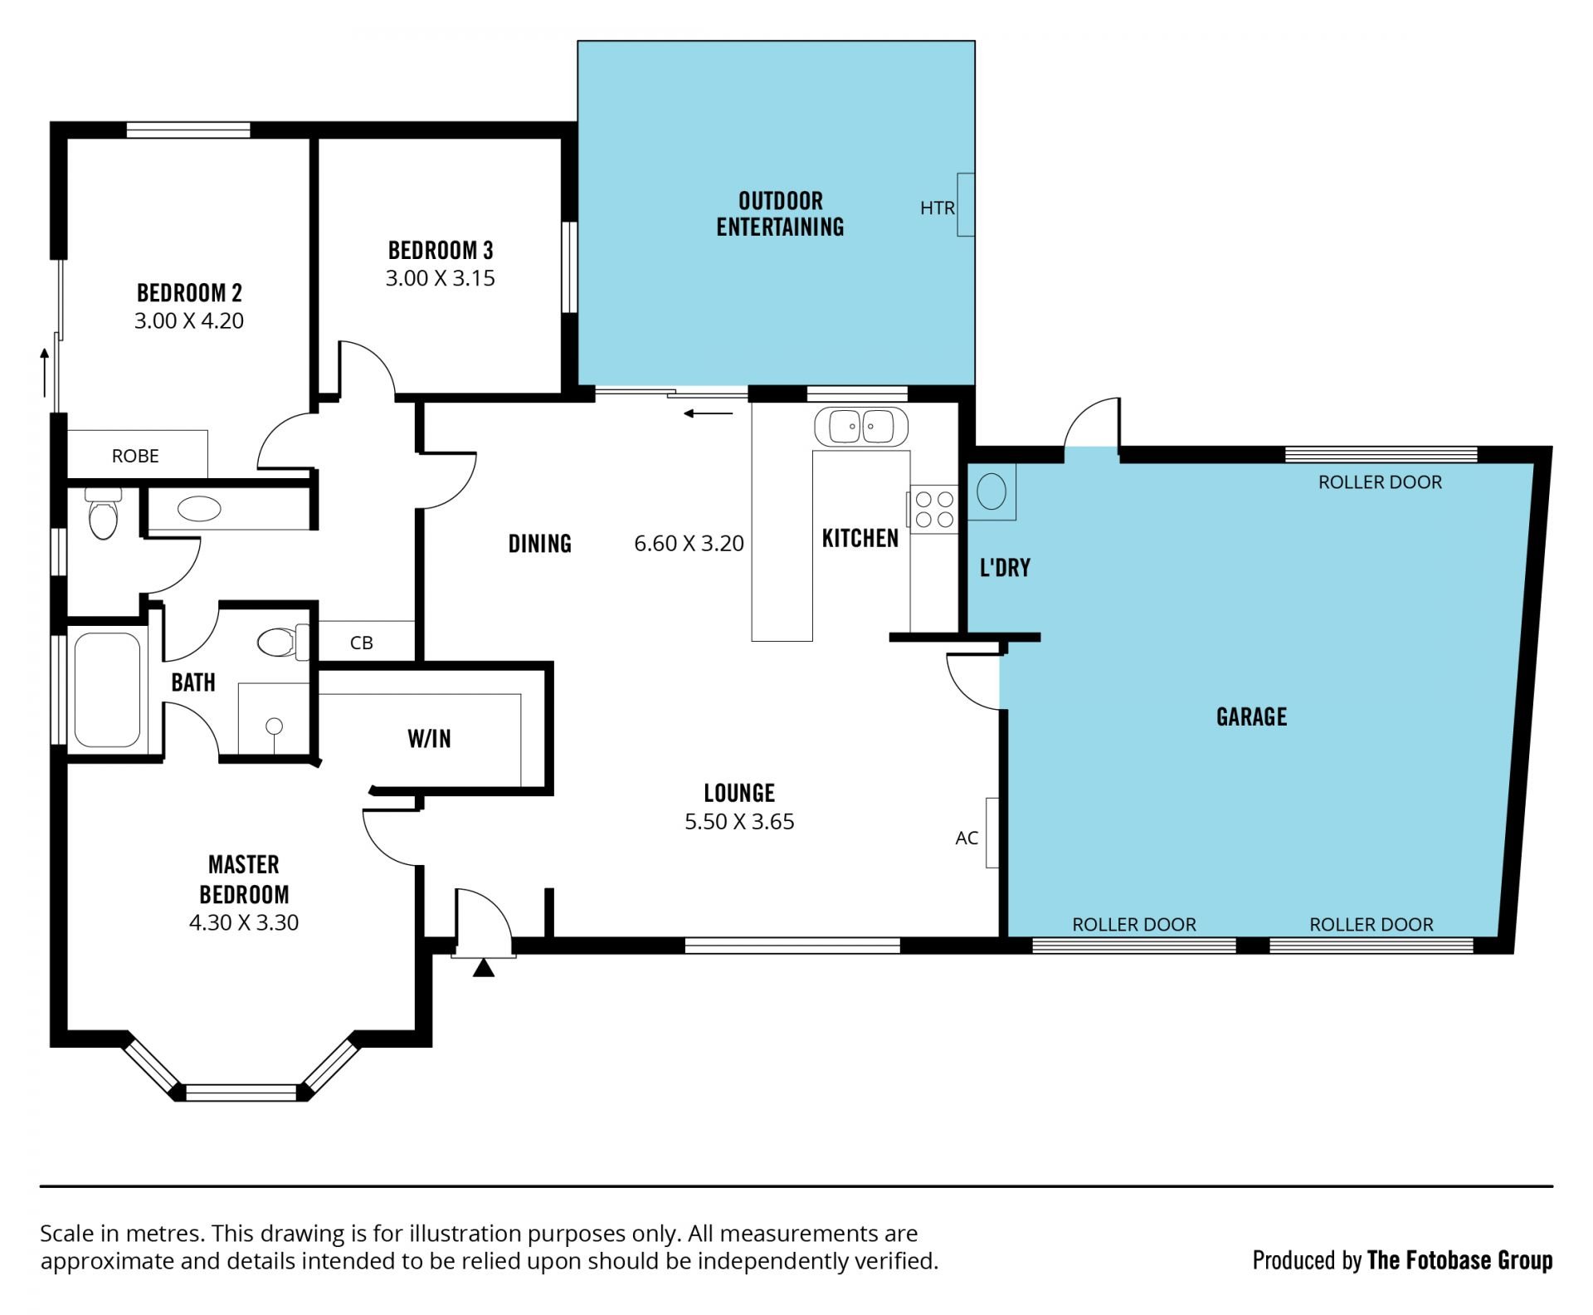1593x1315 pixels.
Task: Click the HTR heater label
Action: [937, 208]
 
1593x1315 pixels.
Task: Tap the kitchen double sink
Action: [862, 427]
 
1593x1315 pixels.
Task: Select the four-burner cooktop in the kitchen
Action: [934, 510]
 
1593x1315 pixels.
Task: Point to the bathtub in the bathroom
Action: [108, 691]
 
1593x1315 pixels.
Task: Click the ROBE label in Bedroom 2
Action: [135, 456]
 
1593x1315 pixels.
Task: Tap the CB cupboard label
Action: [362, 643]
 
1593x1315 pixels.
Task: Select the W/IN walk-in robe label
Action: [429, 738]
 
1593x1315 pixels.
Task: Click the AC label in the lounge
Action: [967, 838]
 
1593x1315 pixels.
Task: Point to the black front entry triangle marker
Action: [484, 968]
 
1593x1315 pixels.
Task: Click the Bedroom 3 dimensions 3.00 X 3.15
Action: [440, 278]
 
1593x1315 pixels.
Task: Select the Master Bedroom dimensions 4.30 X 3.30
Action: [244, 922]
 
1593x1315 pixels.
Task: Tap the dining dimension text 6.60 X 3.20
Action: [689, 544]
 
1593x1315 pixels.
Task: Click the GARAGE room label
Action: [1251, 716]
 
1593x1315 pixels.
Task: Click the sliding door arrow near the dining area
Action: [709, 413]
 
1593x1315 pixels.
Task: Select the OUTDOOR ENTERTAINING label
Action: [780, 213]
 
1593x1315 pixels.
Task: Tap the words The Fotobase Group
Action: [1459, 1261]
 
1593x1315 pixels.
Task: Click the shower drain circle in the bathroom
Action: [275, 726]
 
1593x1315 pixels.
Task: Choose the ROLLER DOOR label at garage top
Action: [1380, 482]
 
